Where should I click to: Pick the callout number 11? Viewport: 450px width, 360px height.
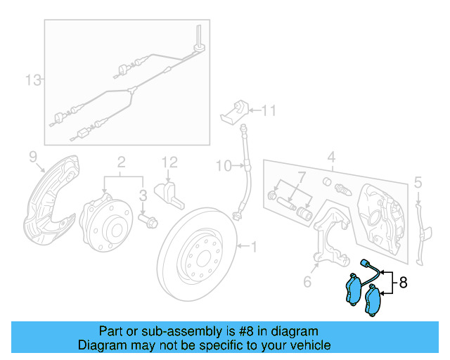pos(269,110)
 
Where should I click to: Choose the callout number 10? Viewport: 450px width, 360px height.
pos(222,166)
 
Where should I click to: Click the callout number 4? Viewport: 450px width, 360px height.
pos(331,156)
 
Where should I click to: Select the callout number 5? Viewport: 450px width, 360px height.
pos(418,184)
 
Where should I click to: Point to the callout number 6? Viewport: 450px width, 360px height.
pos(307,282)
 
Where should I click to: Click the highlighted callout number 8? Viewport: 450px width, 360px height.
pos(403,283)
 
